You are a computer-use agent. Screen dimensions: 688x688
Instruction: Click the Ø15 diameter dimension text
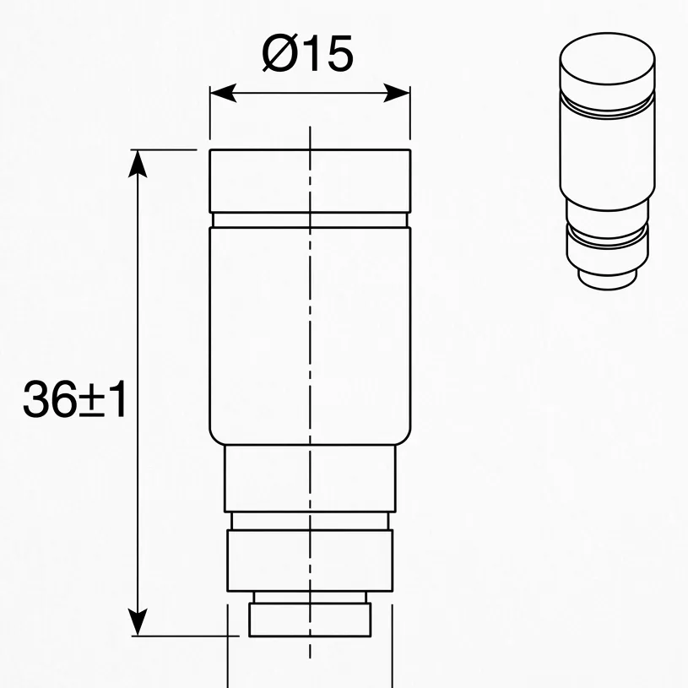[307, 53]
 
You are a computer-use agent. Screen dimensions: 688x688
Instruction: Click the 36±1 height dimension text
[75, 399]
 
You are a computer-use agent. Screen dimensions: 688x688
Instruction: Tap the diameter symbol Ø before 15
[279, 53]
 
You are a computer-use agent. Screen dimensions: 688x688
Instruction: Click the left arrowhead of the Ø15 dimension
[224, 93]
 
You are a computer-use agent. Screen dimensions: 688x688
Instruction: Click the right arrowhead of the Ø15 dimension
[397, 93]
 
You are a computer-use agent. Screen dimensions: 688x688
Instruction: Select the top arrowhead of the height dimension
[138, 163]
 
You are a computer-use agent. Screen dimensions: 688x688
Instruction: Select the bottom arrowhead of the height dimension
[138, 622]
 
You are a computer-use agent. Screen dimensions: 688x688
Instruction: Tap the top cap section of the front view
[310, 181]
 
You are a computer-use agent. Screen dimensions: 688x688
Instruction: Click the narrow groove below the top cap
[310, 219]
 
